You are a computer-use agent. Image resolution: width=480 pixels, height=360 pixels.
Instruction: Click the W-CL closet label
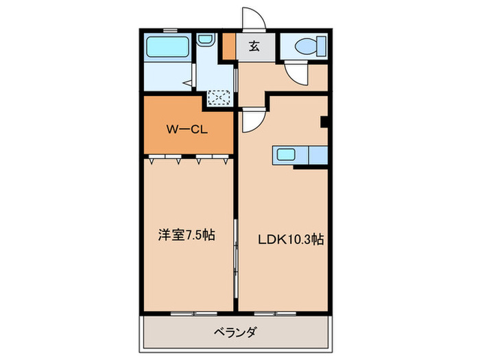tap(185, 128)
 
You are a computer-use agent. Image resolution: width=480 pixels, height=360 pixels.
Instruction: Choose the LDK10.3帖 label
tap(291, 239)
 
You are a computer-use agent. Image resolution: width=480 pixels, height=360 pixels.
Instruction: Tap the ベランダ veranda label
tap(235, 333)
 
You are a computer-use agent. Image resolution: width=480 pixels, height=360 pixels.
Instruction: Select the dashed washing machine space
tap(220, 97)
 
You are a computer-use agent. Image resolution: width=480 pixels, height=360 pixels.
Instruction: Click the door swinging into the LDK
tap(251, 121)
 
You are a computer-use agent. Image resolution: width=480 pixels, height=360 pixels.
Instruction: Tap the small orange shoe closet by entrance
tap(228, 47)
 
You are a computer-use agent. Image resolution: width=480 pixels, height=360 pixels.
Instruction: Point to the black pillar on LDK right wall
tap(324, 123)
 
